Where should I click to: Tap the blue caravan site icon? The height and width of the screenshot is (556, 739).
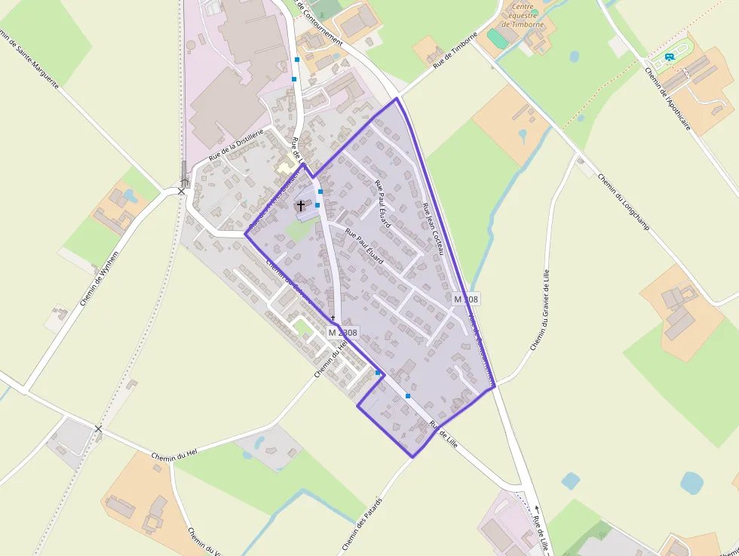coord(669,57)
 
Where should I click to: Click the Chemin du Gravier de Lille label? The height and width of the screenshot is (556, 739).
coord(541,309)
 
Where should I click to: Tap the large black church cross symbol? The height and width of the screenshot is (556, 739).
coord(301,205)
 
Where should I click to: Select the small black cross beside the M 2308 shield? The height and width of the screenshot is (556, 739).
coord(332,318)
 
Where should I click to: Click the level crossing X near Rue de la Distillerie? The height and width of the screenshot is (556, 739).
coord(181,191)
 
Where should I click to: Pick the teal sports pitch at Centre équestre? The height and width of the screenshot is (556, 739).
coord(495,36)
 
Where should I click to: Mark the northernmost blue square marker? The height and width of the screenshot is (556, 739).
coord(297,59)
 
